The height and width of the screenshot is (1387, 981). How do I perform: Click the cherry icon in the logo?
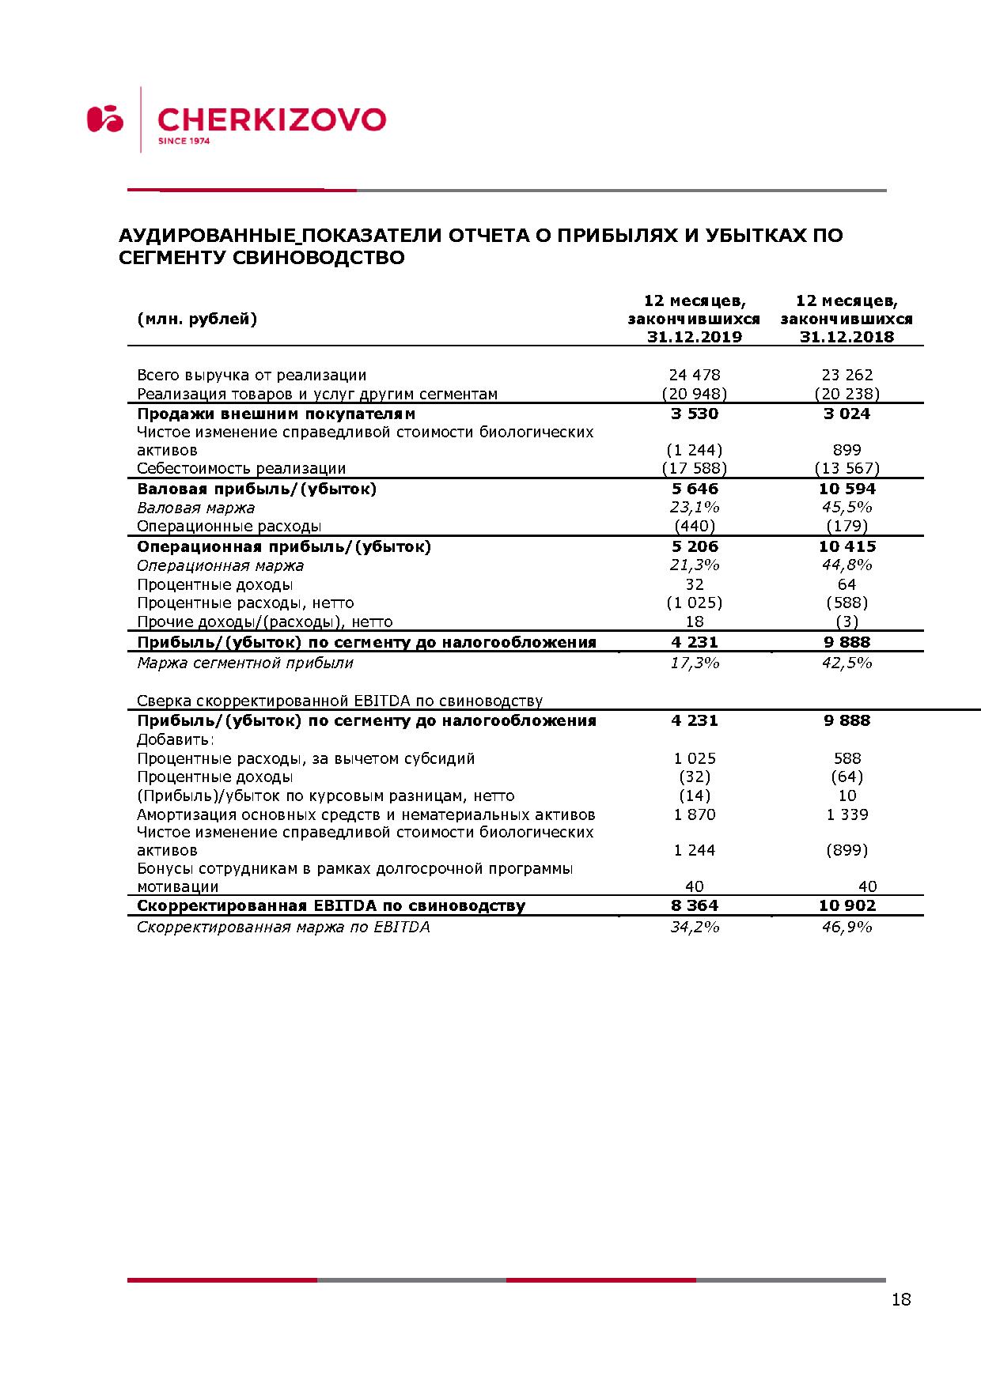pyautogui.click(x=105, y=119)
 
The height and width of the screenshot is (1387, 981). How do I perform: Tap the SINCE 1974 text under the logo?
pyautogui.click(x=184, y=142)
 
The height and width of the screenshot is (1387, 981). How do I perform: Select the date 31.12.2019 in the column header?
pyautogui.click(x=695, y=337)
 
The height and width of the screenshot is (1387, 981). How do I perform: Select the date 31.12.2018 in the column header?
pyautogui.click(x=847, y=337)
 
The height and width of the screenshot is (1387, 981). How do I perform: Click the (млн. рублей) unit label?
pyautogui.click(x=197, y=319)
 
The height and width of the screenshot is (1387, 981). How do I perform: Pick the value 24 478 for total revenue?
pyautogui.click(x=695, y=375)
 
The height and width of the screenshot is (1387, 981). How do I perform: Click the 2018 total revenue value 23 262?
pyautogui.click(x=847, y=375)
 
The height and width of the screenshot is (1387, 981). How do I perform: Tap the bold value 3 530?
pyautogui.click(x=695, y=414)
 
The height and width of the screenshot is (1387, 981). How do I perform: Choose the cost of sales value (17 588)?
pyautogui.click(x=695, y=468)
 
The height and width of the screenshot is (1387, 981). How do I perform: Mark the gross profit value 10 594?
pyautogui.click(x=847, y=489)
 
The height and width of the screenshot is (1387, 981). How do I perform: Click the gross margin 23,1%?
pyautogui.click(x=695, y=508)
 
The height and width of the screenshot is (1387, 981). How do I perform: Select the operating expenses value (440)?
pyautogui.click(x=695, y=526)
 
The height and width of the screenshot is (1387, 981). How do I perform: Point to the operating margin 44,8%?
pyautogui.click(x=847, y=565)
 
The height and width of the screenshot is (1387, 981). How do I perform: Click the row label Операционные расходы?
pyautogui.click(x=229, y=526)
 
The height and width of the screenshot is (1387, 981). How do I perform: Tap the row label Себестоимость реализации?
pyautogui.click(x=241, y=468)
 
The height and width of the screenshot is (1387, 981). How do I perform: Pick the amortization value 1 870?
pyautogui.click(x=695, y=814)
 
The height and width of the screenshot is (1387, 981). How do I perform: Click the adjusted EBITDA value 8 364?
pyautogui.click(x=695, y=905)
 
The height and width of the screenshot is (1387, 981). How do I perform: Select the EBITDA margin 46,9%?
pyautogui.click(x=847, y=927)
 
